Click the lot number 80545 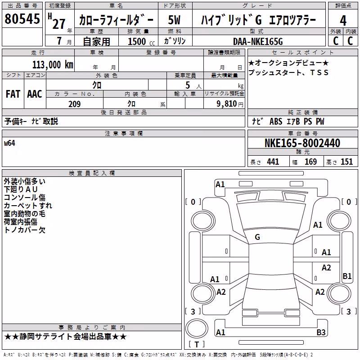22,18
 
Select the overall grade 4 343,21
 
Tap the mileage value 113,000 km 53,65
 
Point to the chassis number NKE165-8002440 302,143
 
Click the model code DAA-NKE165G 258,41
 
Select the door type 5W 174,20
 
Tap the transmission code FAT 13,94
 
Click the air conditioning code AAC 35,94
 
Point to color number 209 74,104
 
